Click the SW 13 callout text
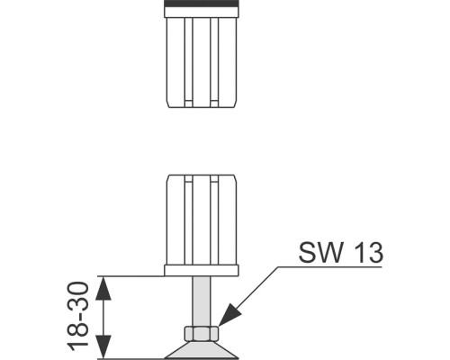(x=341, y=252)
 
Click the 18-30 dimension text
(x=78, y=316)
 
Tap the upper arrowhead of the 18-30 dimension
(x=103, y=288)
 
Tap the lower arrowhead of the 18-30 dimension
(x=103, y=346)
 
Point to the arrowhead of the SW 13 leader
(x=230, y=314)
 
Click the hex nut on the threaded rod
(x=201, y=333)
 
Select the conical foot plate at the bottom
(x=202, y=350)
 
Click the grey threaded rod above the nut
(x=202, y=301)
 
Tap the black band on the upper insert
(x=202, y=4)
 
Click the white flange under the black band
(x=202, y=13)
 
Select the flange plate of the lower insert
(x=202, y=270)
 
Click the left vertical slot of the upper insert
(x=188, y=62)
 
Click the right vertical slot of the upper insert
(x=214, y=62)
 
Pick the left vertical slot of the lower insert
(x=188, y=220)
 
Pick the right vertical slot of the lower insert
(x=214, y=220)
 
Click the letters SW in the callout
(x=320, y=252)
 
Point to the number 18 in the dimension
(x=78, y=337)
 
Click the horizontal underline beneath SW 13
(x=329, y=266)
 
